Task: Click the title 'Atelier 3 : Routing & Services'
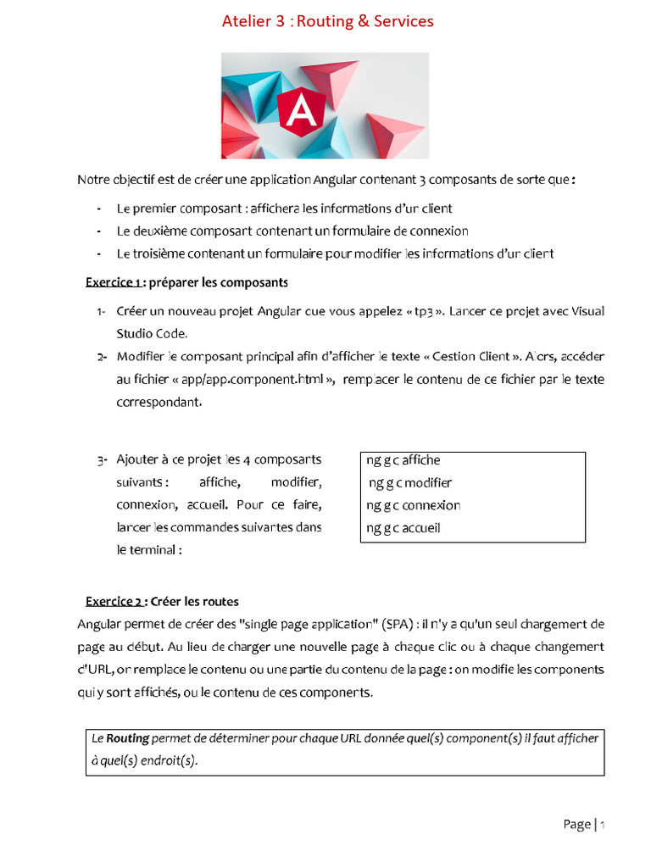coord(327,21)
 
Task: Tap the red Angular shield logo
coord(301,108)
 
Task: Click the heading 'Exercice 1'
coord(114,282)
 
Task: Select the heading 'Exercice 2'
coord(114,602)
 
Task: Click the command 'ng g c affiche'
coord(403,460)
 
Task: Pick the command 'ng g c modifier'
coord(410,483)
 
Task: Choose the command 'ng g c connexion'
coord(414,505)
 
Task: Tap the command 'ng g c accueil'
coord(403,528)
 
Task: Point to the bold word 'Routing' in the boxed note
coord(127,738)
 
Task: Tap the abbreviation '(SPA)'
coord(398,625)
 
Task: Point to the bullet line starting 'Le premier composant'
coord(284,209)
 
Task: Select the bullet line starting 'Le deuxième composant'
coord(292,231)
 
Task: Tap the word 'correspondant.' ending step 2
coord(159,403)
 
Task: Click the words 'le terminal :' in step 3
coord(149,549)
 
